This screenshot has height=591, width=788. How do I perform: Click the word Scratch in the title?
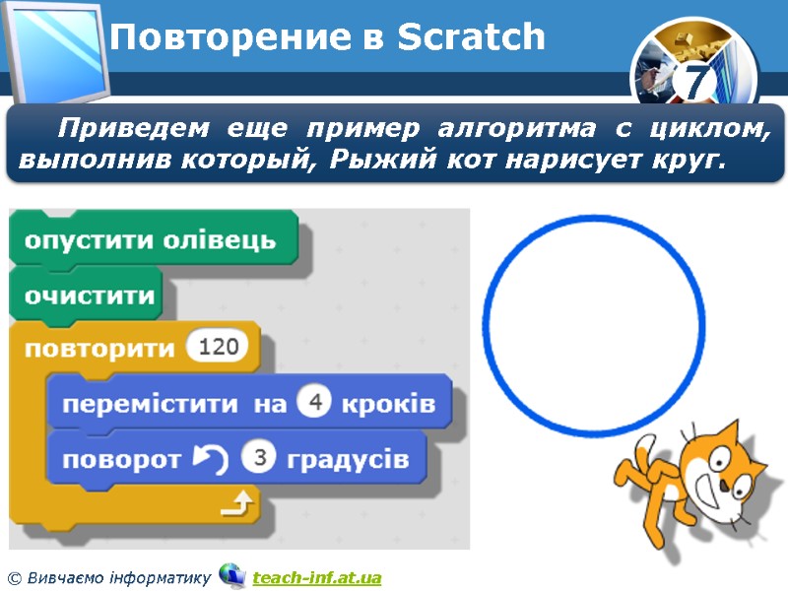point(471,38)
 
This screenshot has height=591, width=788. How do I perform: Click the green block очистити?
point(90,295)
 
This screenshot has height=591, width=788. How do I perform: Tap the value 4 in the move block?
point(313,404)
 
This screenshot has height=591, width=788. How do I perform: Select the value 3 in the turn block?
point(259,459)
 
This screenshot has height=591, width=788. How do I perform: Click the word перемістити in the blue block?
point(149,405)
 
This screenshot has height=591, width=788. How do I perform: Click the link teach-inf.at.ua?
point(316,576)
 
